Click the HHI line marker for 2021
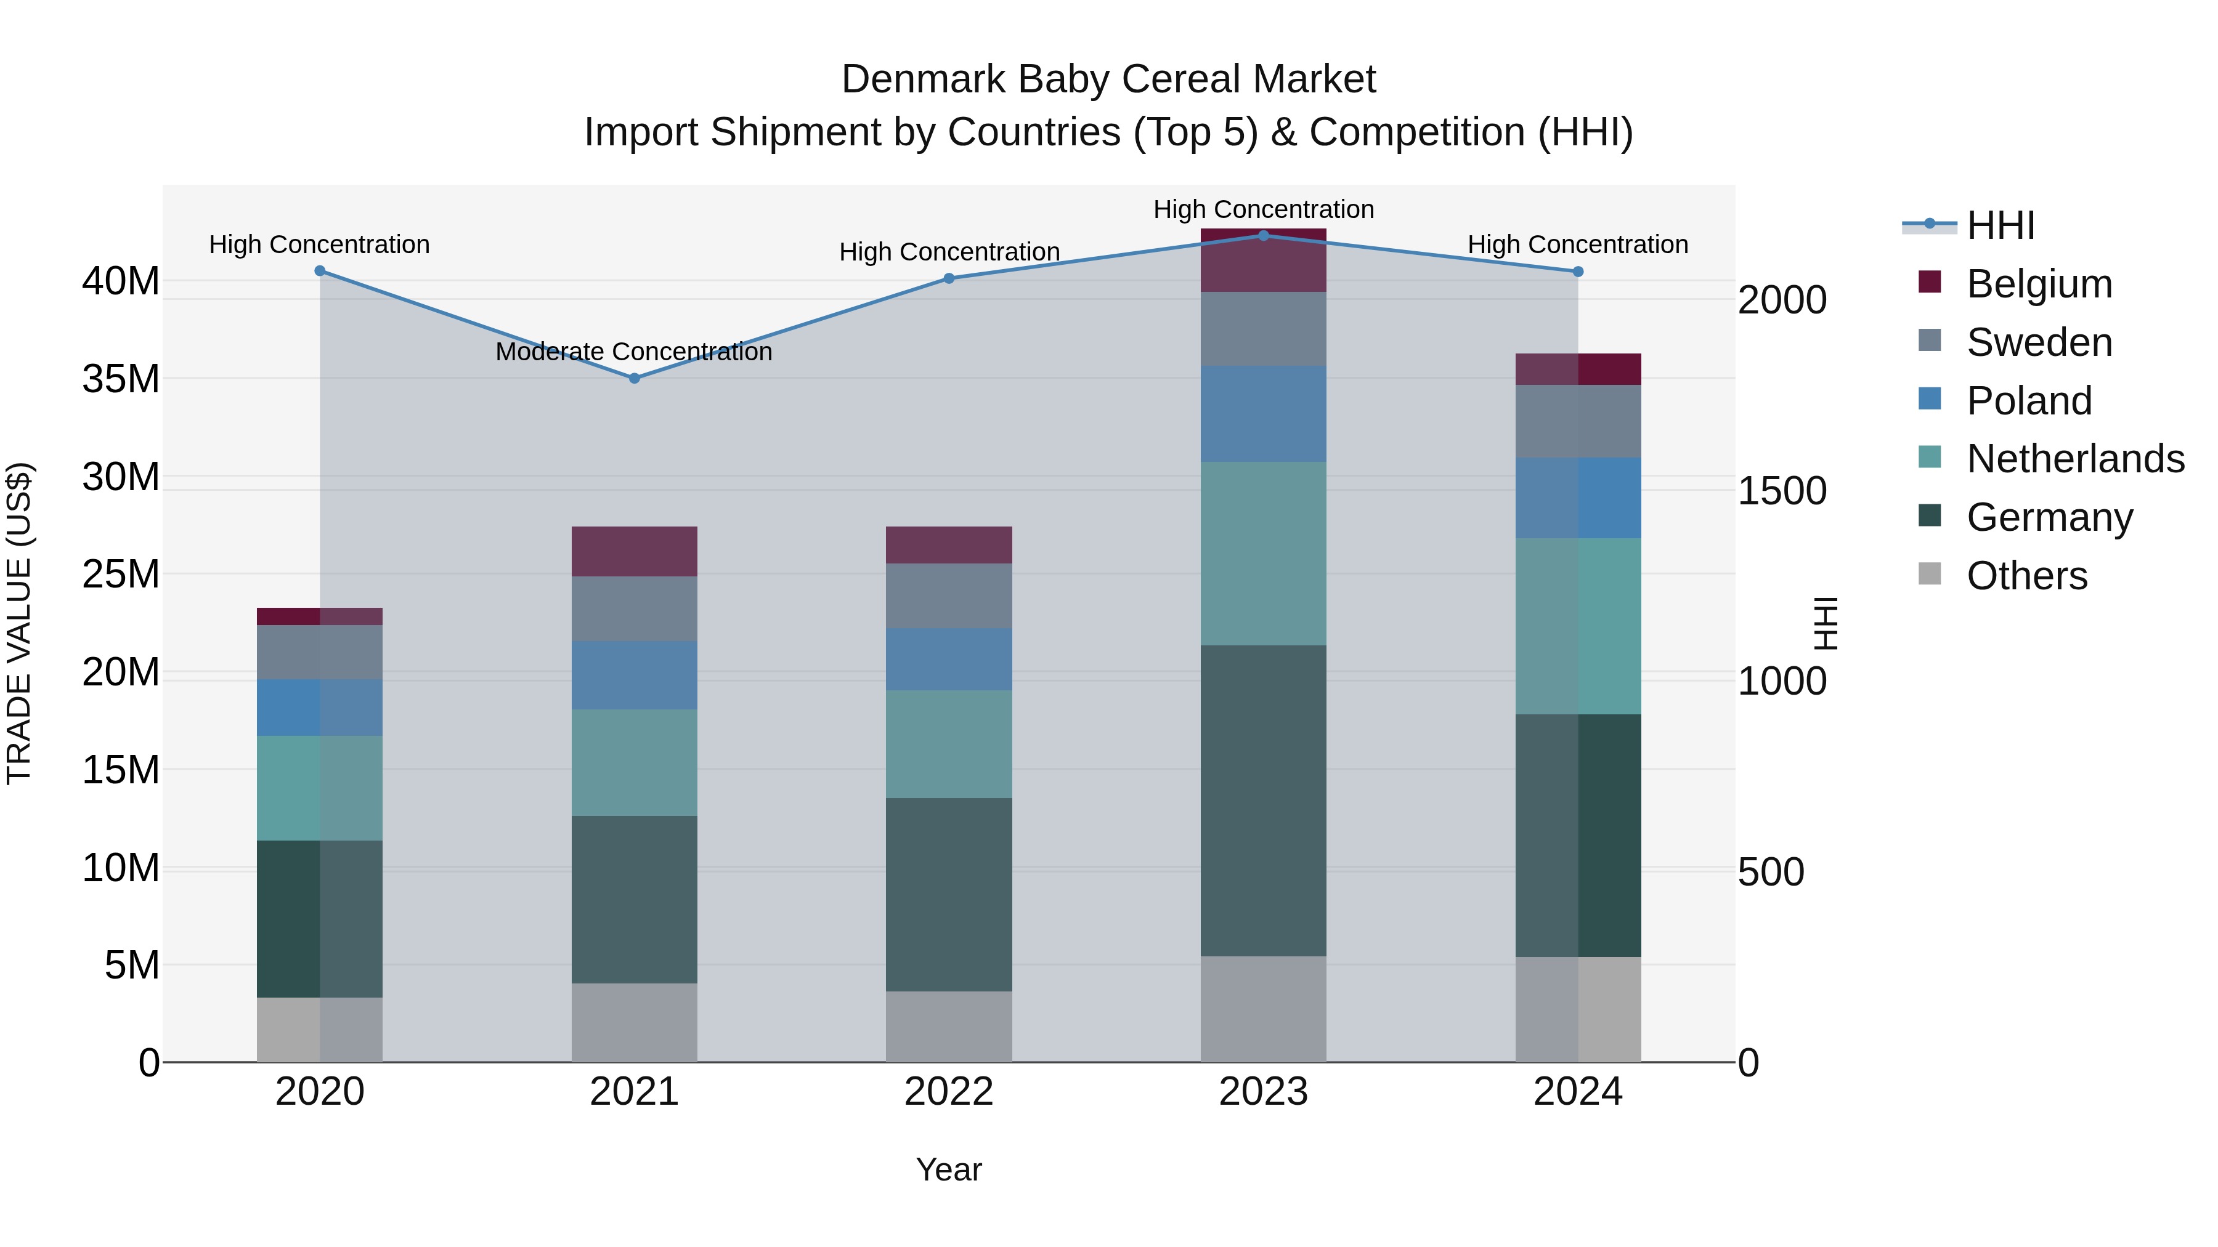[634, 378]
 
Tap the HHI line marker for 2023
[1263, 235]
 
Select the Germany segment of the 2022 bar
[949, 894]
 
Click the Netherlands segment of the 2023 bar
[1263, 554]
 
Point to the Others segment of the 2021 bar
[634, 1022]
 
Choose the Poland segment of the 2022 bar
[949, 658]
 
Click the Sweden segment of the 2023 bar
[1263, 329]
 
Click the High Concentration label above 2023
[1263, 209]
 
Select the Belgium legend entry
[2039, 284]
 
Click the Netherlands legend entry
[2075, 459]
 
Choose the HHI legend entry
[2000, 225]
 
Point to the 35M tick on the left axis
[121, 379]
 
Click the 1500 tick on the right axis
[1781, 491]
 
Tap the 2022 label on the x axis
[949, 1092]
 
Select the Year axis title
[949, 1169]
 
